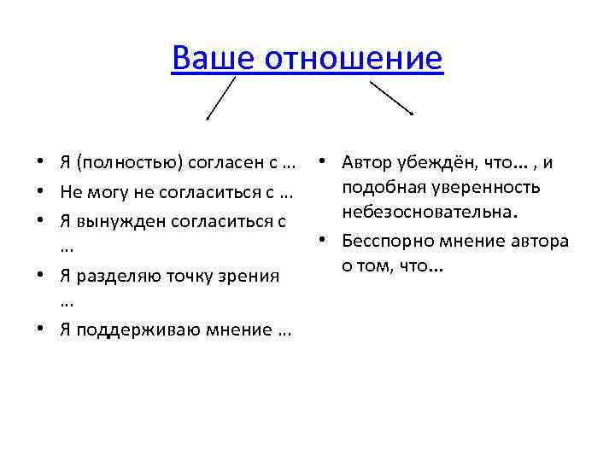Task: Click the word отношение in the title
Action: [x=354, y=59]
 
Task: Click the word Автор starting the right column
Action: [x=366, y=162]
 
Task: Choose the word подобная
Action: [x=378, y=186]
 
